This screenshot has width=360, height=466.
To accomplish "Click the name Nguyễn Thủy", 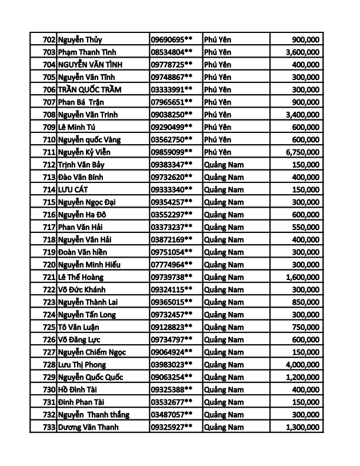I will tap(80, 39).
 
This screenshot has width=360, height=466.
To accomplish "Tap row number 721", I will tap(49, 277).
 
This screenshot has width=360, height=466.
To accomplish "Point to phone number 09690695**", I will tap(172, 39).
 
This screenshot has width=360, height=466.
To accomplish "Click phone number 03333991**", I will tap(172, 89).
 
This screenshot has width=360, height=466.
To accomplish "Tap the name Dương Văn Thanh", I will tap(88, 427).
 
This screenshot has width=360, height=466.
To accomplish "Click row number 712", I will tap(49, 165).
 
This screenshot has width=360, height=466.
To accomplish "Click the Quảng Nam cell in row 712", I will tap(224, 165).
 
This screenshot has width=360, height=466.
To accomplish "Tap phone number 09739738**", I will tap(172, 277).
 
